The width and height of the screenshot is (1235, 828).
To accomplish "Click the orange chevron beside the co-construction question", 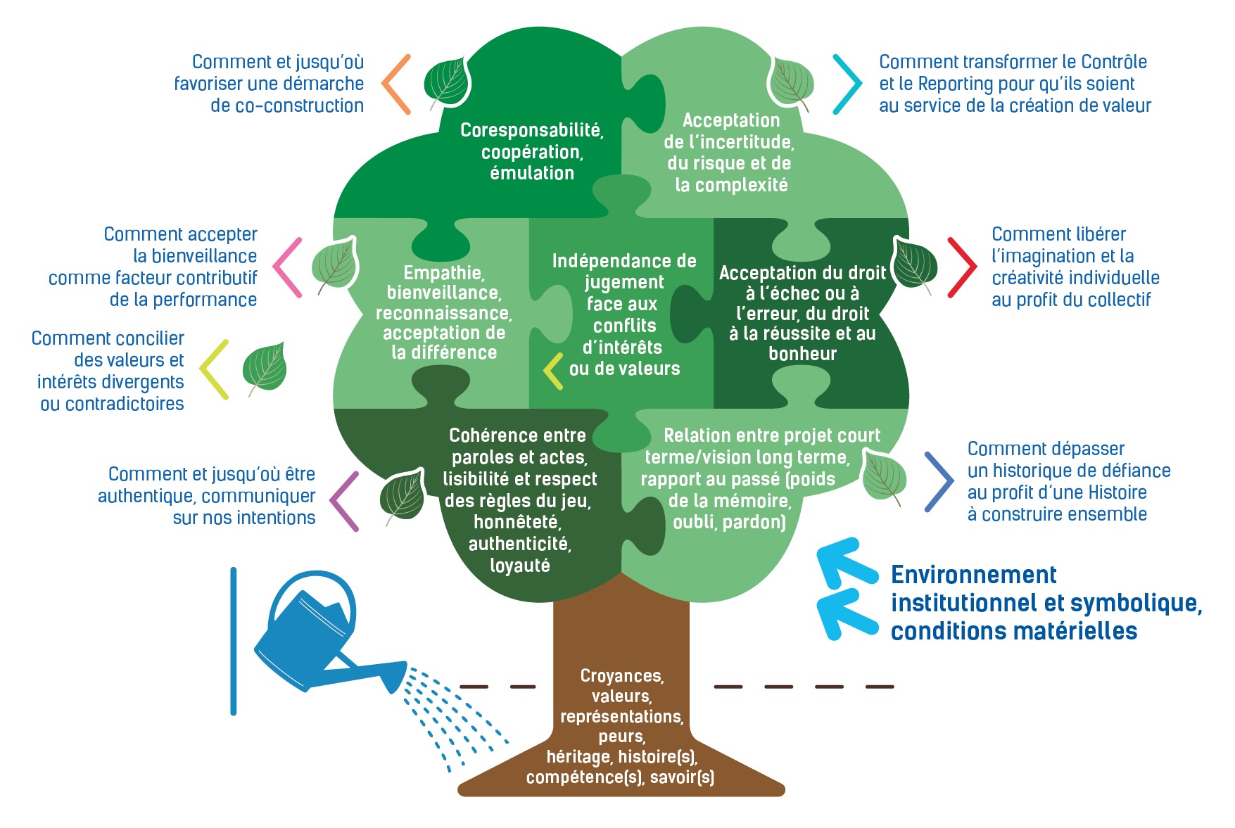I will click(395, 84).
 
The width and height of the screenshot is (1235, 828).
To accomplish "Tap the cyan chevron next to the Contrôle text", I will click(847, 84).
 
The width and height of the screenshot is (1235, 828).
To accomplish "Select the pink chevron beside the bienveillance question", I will click(287, 267).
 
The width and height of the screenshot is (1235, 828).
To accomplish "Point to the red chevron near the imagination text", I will click(962, 267).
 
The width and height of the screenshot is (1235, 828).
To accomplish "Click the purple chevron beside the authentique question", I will click(344, 501).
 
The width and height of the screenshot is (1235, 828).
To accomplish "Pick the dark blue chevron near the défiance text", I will click(939, 482).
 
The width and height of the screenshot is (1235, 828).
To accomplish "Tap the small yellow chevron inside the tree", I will click(553, 371).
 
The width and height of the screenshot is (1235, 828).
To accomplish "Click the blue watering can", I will click(317, 640).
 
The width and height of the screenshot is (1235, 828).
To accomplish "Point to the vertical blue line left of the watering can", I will click(234, 641).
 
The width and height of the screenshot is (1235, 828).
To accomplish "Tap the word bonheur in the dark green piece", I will click(802, 354).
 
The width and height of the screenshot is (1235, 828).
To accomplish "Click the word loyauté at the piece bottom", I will click(520, 566).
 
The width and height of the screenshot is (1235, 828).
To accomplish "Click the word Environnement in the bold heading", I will click(973, 575).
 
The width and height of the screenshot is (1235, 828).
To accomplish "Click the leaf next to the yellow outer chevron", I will click(265, 368).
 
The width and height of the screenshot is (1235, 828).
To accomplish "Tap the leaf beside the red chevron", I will click(915, 265).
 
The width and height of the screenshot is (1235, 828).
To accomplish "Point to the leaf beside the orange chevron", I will click(447, 83).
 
